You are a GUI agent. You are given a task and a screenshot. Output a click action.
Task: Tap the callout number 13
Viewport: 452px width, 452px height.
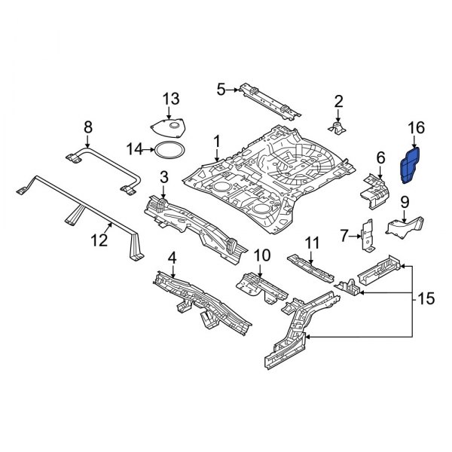172,99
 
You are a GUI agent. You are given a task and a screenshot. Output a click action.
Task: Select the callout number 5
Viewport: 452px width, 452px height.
221,90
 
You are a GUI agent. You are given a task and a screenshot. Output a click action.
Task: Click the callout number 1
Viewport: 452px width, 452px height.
217,141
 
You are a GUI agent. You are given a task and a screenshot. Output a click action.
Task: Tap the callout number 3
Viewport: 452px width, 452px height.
163,178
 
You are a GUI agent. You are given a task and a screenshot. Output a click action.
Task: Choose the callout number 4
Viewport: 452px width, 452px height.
172,258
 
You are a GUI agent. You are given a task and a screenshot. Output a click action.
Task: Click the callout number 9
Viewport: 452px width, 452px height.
404,201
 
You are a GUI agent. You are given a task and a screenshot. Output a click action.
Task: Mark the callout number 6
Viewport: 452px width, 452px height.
380,157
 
